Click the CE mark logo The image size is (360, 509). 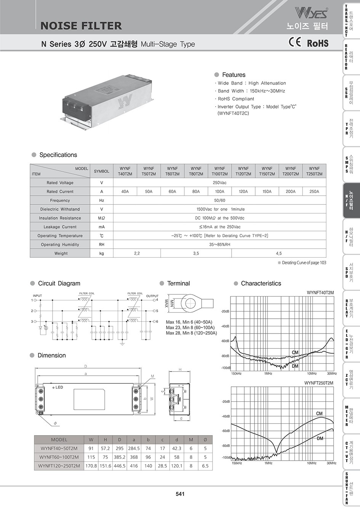coord(295,43)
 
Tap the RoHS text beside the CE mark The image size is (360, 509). coord(317,43)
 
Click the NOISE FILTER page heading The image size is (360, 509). coord(81,26)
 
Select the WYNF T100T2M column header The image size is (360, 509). coord(220,171)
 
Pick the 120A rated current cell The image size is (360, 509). coord(243,191)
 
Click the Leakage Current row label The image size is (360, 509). coord(60,227)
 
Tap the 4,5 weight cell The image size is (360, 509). coord(279,253)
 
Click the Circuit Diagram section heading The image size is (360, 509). coord(59,284)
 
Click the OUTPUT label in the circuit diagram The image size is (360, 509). coord(152,296)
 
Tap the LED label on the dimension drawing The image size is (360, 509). coord(59,388)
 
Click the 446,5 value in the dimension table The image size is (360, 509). coord(119,466)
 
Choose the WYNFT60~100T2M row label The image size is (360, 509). coord(59,457)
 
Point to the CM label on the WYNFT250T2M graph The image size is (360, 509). coord(319,413)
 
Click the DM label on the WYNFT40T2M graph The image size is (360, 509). coord(295,366)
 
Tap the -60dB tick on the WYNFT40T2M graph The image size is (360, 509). coord(225,341)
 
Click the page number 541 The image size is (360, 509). coord(180,494)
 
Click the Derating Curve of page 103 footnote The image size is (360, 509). coord(302,263)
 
